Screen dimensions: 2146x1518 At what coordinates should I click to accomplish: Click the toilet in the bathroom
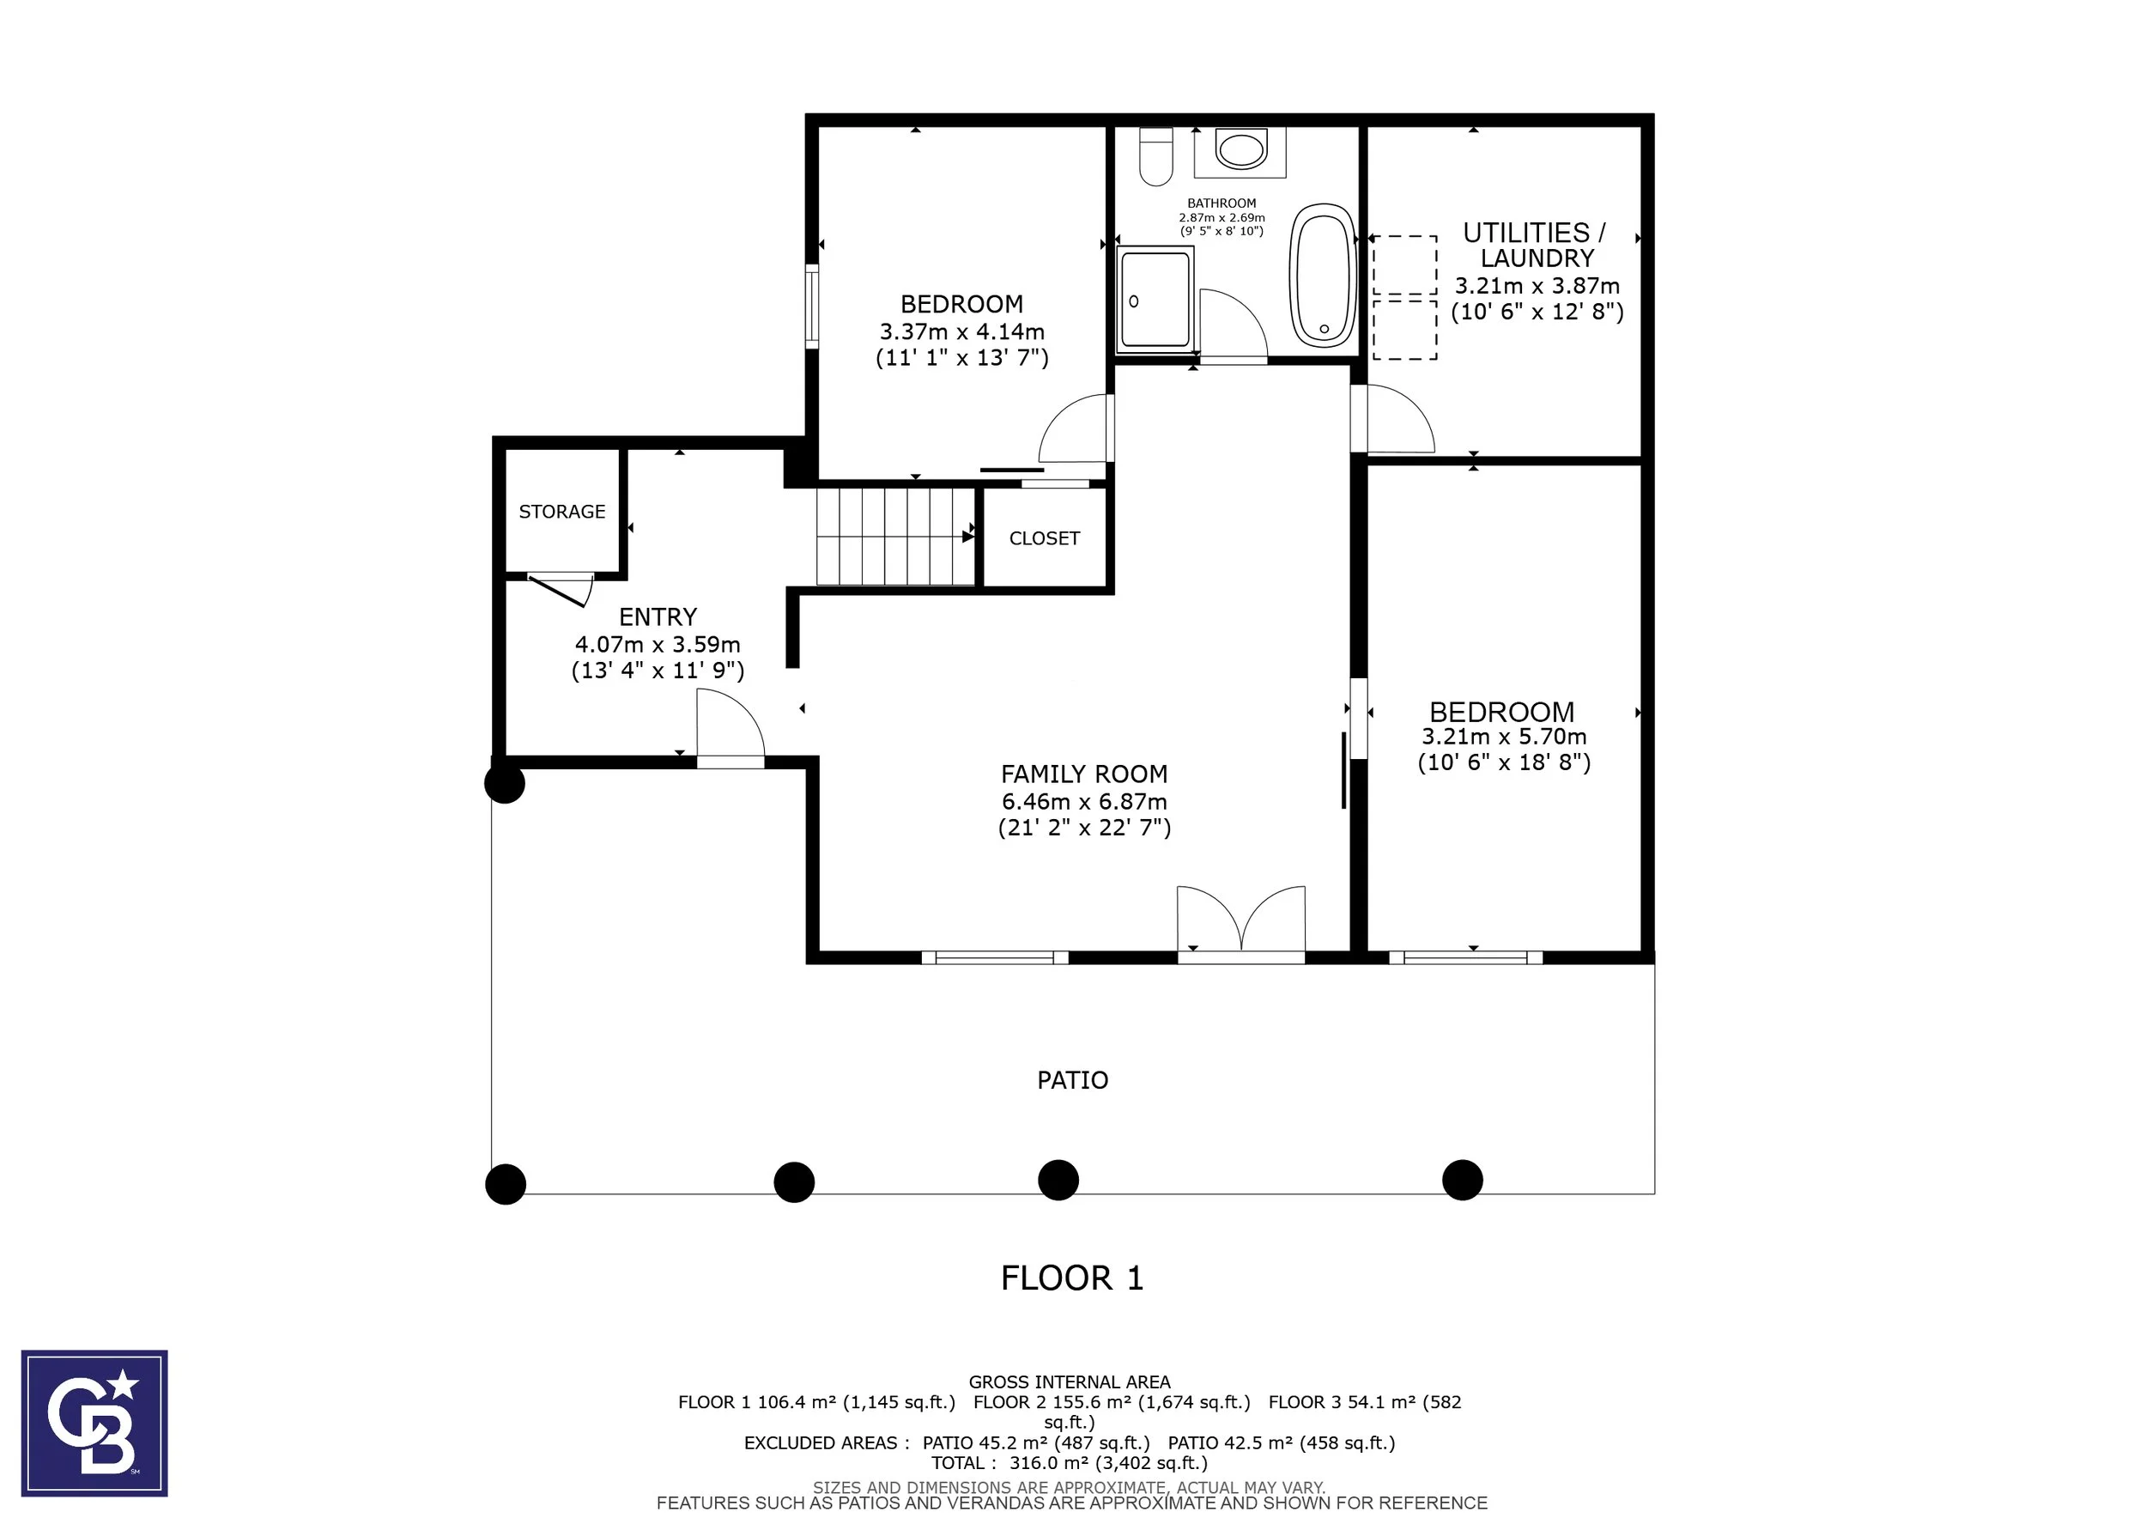pos(1156,156)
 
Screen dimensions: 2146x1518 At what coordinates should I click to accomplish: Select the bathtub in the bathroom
pos(1323,276)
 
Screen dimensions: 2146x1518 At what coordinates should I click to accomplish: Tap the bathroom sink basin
pos(1241,149)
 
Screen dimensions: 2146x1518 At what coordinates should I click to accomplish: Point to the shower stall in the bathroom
pos(1155,299)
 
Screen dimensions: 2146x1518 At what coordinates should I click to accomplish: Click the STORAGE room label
pos(561,512)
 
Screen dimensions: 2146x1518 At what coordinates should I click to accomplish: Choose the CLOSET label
pos(1044,538)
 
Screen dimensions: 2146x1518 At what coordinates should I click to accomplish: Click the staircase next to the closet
pos(895,537)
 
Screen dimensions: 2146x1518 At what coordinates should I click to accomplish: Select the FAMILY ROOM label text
pos(1084,774)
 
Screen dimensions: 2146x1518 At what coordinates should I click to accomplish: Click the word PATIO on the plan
pos(1073,1081)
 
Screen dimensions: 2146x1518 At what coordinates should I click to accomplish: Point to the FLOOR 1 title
pos(1072,1278)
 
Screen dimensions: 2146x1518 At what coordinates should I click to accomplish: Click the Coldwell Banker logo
pos(94,1423)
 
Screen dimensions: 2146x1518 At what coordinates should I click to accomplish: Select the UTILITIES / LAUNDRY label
pos(1536,245)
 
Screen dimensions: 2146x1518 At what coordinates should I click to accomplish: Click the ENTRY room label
pos(658,617)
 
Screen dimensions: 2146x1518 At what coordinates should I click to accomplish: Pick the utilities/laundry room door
pos(1392,419)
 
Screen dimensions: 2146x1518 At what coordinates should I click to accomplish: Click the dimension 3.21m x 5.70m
pos(1504,737)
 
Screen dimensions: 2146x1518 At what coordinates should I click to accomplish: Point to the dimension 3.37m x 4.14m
pos(961,331)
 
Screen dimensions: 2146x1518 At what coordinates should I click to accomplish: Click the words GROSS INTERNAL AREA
pos(1070,1381)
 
